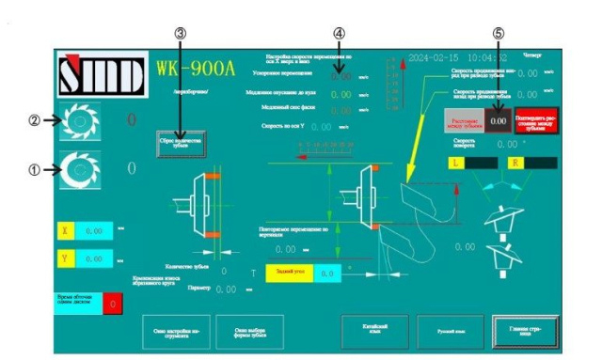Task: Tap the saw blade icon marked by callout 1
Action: [x=79, y=170]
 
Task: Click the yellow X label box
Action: [x=64, y=228]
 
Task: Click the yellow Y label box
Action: [x=64, y=258]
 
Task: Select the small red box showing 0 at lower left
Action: [x=112, y=304]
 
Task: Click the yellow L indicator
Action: [x=455, y=162]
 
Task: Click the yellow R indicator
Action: [x=515, y=162]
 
